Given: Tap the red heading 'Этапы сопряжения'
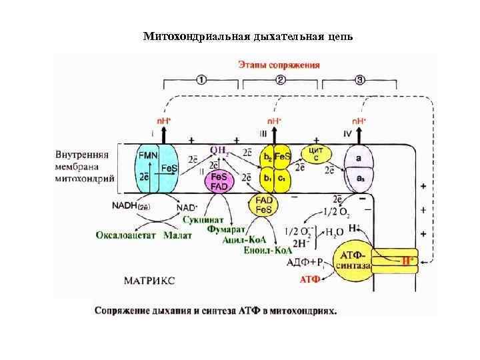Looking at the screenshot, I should tap(279, 65).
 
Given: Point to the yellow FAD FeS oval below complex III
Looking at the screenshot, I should tap(264, 205).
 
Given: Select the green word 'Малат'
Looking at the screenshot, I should tap(178, 235).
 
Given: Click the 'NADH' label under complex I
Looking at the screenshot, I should tap(130, 206).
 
